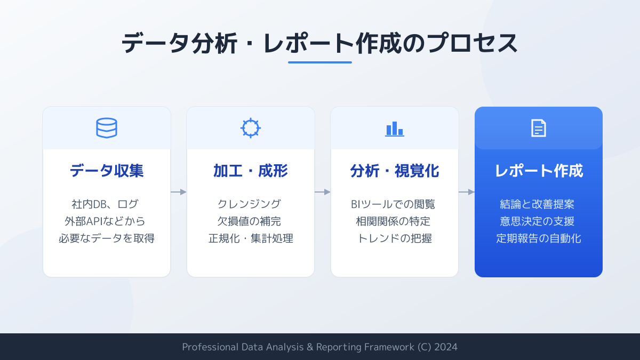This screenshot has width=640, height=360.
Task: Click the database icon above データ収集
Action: [x=107, y=128]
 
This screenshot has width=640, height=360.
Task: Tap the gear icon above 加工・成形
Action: [x=251, y=128]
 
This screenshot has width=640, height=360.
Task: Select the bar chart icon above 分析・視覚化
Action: [x=395, y=129]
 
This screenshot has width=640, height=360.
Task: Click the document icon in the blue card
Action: [x=539, y=128]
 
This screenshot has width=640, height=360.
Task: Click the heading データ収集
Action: [x=107, y=171]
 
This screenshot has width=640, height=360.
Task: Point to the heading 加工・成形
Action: [x=251, y=171]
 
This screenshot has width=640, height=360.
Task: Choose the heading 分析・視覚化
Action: [x=395, y=171]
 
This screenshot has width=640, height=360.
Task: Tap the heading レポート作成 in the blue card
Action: [x=539, y=171]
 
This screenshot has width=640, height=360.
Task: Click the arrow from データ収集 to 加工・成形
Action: [x=179, y=192]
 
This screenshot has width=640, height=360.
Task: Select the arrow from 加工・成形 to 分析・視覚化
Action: [x=323, y=192]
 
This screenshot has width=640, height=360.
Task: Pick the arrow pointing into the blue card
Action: [x=467, y=192]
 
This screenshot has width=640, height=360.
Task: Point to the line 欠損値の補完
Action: [x=249, y=221]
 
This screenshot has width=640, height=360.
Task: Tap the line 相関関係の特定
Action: [x=393, y=221]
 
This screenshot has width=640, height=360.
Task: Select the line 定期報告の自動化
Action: [x=539, y=238]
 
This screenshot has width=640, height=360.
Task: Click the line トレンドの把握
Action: [x=395, y=238]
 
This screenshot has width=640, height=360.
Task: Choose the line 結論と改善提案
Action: [x=537, y=204]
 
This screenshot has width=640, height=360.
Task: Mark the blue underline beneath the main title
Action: [x=320, y=62]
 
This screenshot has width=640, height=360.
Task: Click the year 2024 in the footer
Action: [x=446, y=347]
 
